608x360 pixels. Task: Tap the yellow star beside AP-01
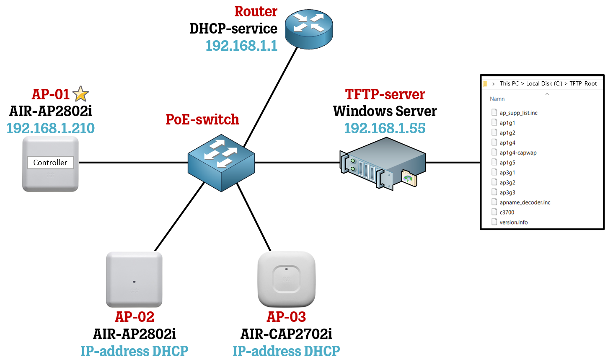(x=80, y=94)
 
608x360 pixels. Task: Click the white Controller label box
(x=50, y=163)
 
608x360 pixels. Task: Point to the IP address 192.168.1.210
(x=51, y=128)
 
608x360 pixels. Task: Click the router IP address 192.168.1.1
(x=241, y=46)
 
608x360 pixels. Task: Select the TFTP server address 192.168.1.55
(x=385, y=128)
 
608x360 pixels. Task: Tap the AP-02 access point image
(x=134, y=279)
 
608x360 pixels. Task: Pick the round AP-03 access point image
(x=286, y=279)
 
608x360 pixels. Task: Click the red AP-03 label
(x=286, y=317)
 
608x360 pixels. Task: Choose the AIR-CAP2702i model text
(x=286, y=334)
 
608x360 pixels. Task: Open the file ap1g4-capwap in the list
(x=518, y=153)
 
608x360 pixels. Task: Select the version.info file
(x=513, y=223)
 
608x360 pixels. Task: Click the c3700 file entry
(x=507, y=212)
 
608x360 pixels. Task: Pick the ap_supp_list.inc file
(x=518, y=113)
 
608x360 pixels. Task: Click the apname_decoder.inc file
(x=525, y=202)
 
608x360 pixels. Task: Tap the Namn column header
(x=497, y=99)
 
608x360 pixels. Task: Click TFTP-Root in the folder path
(x=583, y=84)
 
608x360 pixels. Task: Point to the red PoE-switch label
(x=202, y=119)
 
